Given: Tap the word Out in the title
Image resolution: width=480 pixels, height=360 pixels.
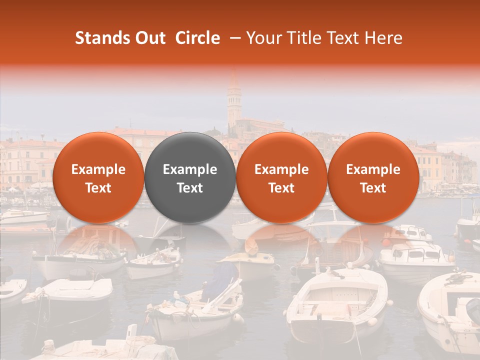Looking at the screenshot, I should click(x=148, y=38).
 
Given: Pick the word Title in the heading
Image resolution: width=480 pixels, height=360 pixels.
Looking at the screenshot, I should click(x=303, y=38).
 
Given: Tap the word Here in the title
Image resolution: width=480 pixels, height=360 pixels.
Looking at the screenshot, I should click(x=382, y=38).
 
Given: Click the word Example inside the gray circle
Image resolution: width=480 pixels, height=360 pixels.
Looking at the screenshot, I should click(x=190, y=169).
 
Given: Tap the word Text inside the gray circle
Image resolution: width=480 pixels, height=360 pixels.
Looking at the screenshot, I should click(x=190, y=188).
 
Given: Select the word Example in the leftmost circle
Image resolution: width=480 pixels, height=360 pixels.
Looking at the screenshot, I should click(x=98, y=169).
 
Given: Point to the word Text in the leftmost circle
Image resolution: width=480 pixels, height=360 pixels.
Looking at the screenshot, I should click(x=98, y=188).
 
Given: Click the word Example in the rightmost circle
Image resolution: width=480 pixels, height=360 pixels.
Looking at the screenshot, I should click(x=373, y=169).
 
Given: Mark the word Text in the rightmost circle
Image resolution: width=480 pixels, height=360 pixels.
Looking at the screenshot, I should click(x=373, y=188).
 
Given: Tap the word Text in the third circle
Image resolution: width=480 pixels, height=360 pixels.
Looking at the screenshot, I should click(x=281, y=188).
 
